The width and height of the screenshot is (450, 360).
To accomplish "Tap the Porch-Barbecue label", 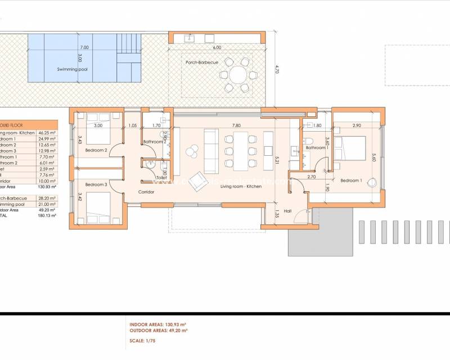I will tap(202, 62).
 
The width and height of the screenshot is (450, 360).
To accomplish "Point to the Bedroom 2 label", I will tap(96, 151).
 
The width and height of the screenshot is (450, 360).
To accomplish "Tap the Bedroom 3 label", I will tap(96, 184).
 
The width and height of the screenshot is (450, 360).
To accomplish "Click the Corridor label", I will tap(146, 192).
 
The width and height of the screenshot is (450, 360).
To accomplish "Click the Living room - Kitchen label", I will tap(240, 186).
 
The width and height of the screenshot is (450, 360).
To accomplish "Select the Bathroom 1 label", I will tap(317, 147).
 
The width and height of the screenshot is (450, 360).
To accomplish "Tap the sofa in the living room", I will tap(211, 150).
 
